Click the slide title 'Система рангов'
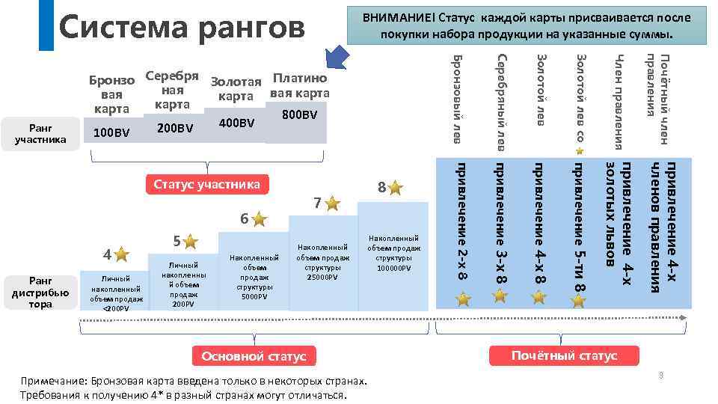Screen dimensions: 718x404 (182, 28)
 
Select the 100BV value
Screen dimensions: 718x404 (111, 133)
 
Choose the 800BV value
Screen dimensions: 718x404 (301, 115)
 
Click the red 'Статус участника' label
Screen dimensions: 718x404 (206, 185)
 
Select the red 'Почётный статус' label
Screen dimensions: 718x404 (565, 355)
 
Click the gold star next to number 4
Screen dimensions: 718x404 (121, 255)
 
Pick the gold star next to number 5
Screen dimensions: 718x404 (191, 241)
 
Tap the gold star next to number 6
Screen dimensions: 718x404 (259, 219)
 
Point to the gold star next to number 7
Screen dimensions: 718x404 (332, 203)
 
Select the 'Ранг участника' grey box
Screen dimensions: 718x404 (42, 133)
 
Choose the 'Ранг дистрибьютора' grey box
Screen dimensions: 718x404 (41, 293)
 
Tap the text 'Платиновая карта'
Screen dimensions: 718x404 (300, 85)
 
